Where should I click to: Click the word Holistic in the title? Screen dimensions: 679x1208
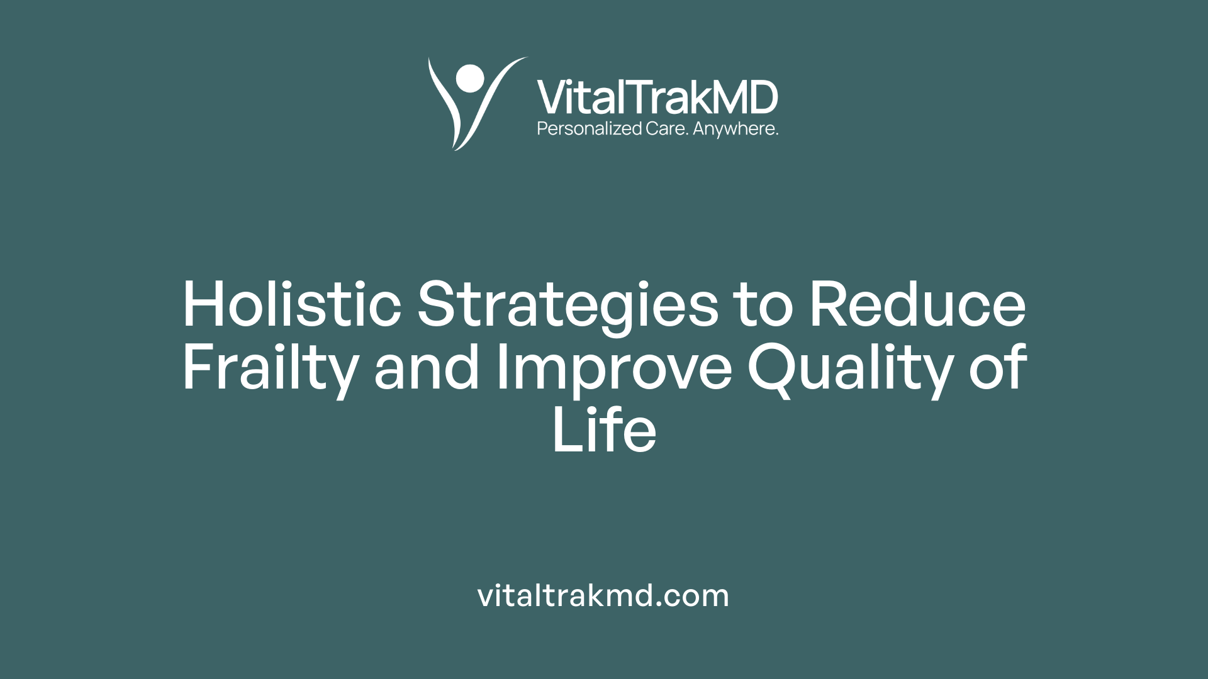(292, 304)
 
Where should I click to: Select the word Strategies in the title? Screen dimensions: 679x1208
(568, 306)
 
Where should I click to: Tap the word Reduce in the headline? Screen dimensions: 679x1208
(917, 304)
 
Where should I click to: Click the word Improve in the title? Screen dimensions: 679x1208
(614, 368)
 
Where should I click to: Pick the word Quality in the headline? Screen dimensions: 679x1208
(849, 368)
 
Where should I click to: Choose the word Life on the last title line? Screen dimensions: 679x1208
(604, 430)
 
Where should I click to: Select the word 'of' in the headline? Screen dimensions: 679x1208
(998, 367)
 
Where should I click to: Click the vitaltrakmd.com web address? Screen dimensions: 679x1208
(603, 595)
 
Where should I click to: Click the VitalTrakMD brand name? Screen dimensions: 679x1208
(657, 97)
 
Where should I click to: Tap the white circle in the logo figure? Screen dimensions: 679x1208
(469, 79)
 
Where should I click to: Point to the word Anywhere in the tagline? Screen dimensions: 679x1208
(735, 129)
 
